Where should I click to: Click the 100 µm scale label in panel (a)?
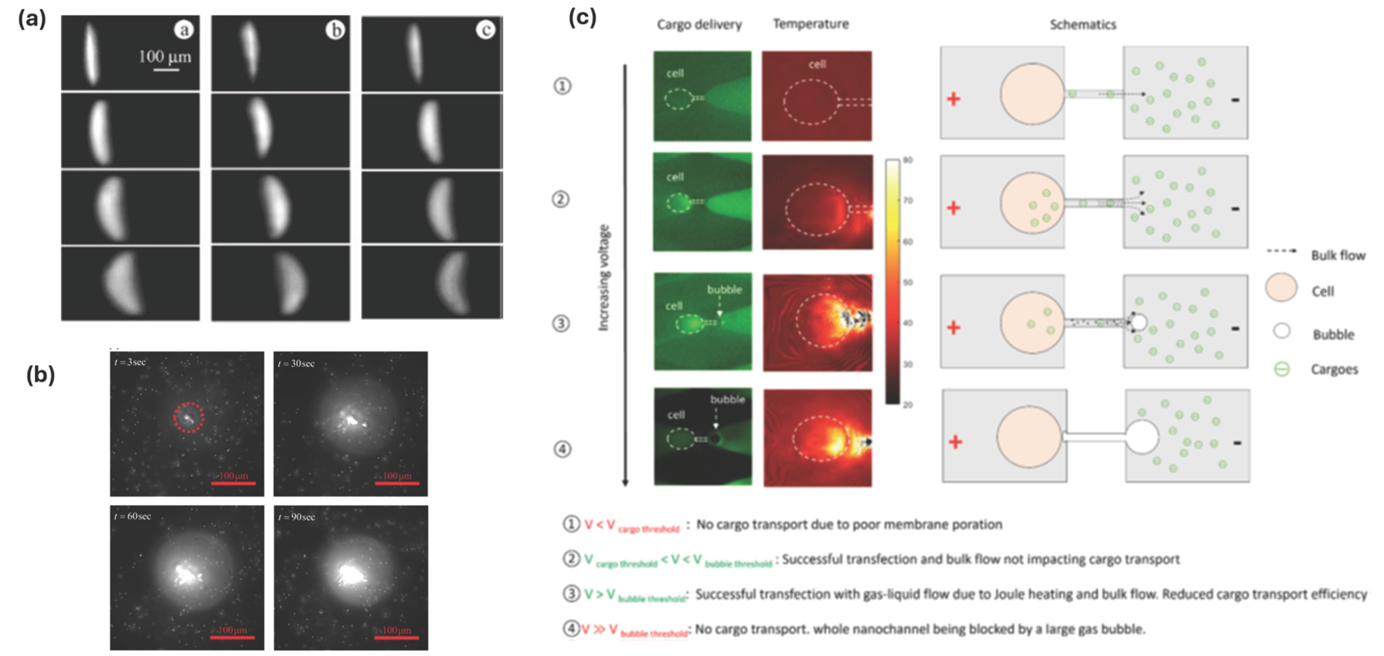(x=165, y=56)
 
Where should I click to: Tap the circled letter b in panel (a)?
(x=335, y=30)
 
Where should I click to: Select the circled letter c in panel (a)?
(x=486, y=30)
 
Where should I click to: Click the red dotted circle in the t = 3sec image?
(x=189, y=417)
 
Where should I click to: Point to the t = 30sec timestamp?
(x=296, y=364)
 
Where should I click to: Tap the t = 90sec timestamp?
(x=296, y=517)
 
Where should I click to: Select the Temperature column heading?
(x=811, y=24)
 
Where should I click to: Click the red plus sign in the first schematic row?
(x=953, y=99)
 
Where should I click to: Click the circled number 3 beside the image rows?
(x=561, y=323)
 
